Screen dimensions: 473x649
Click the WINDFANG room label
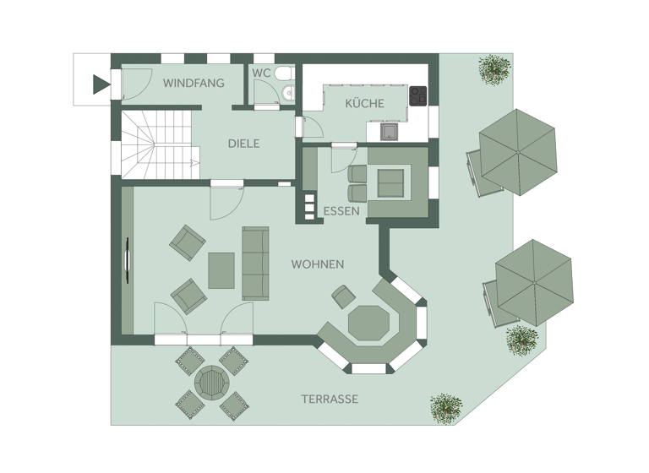click(x=194, y=83)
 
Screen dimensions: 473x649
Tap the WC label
click(x=261, y=73)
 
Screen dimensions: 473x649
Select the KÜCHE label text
click(x=364, y=104)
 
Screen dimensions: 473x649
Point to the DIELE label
click(x=243, y=144)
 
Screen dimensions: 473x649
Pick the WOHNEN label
click(x=317, y=264)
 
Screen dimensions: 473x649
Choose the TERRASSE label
click(x=330, y=399)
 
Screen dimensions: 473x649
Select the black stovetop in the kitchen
click(x=418, y=95)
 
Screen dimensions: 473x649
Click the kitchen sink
click(x=389, y=131)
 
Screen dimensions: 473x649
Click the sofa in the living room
click(x=254, y=263)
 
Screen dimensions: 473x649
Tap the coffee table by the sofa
click(x=221, y=270)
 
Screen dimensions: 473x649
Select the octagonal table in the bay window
click(x=368, y=323)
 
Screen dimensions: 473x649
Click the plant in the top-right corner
click(x=494, y=68)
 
